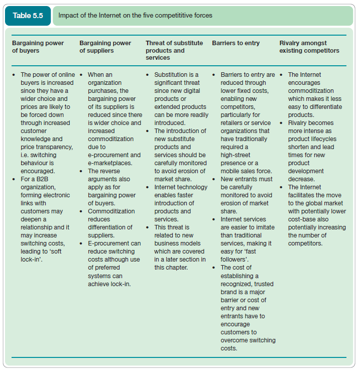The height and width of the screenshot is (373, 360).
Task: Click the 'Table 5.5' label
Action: tap(28, 16)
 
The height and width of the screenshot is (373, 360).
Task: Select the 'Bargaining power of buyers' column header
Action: tap(38, 47)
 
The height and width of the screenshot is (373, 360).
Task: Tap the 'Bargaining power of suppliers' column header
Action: tap(105, 47)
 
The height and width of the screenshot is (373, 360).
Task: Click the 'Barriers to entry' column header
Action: tap(235, 43)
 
